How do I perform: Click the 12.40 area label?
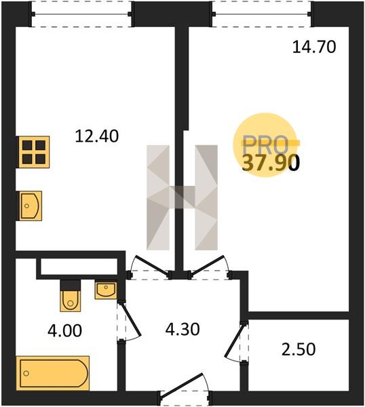[x=97, y=136]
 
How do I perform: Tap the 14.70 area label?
[x=314, y=47]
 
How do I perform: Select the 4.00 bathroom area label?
[x=65, y=331]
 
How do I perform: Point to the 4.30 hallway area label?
[x=182, y=330]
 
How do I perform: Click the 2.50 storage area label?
[x=299, y=349]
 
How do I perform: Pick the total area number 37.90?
[x=271, y=163]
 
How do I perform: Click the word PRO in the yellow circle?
[x=265, y=144]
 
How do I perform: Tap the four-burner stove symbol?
[x=34, y=152]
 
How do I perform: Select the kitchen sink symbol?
[x=29, y=206]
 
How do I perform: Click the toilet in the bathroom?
[x=70, y=296]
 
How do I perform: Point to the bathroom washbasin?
[x=106, y=290]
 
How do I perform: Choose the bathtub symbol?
[x=53, y=373]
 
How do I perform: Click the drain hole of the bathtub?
[x=26, y=373]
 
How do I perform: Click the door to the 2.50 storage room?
[x=235, y=341]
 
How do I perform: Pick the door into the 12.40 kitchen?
[x=151, y=265]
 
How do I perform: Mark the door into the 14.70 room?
[x=207, y=265]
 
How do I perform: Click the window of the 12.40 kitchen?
[x=81, y=14]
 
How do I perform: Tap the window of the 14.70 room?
[x=261, y=14]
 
